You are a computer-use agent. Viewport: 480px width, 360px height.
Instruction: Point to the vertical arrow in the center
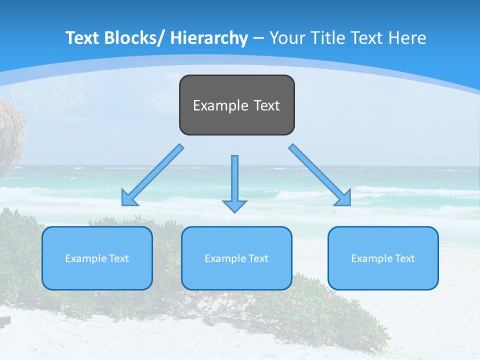click(x=234, y=180)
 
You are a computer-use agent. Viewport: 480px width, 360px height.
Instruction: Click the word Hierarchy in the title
click(x=209, y=38)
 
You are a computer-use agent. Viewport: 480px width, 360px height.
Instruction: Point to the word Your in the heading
click(x=287, y=38)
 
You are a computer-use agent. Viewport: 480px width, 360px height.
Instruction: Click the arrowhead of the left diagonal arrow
click(x=129, y=198)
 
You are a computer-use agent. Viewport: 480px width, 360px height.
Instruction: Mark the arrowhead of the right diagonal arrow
click(x=343, y=198)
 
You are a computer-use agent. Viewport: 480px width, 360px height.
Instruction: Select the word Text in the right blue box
click(x=404, y=258)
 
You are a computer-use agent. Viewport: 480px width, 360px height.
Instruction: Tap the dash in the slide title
click(x=258, y=38)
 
